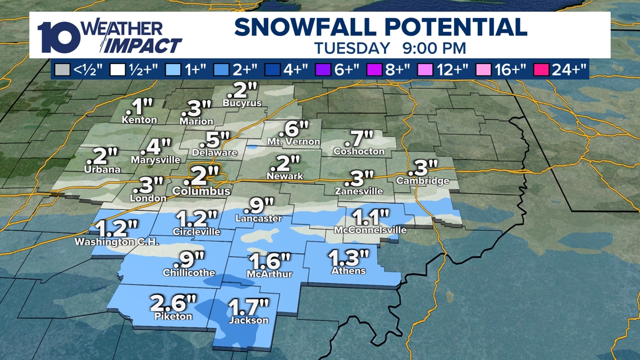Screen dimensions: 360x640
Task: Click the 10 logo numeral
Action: click(x=59, y=37)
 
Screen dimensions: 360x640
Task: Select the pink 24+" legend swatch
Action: click(x=542, y=70)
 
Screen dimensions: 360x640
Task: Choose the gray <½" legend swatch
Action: click(x=62, y=70)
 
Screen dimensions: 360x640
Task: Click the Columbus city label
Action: click(x=201, y=191)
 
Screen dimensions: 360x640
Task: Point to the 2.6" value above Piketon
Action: click(x=173, y=303)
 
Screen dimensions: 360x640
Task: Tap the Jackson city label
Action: click(x=249, y=320)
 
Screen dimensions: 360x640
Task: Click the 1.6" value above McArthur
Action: click(x=270, y=261)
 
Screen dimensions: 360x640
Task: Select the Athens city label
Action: click(x=348, y=271)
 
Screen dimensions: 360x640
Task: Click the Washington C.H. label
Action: click(x=117, y=242)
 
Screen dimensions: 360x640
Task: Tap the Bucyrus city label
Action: click(x=242, y=103)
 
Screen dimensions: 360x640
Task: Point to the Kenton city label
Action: click(x=139, y=120)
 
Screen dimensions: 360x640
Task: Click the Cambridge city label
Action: click(x=422, y=181)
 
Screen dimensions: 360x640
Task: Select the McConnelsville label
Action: click(x=369, y=230)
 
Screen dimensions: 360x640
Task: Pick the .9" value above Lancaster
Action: click(x=259, y=206)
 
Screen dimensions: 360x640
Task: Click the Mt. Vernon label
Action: click(x=294, y=142)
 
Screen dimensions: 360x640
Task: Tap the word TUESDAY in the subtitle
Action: click(x=352, y=48)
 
